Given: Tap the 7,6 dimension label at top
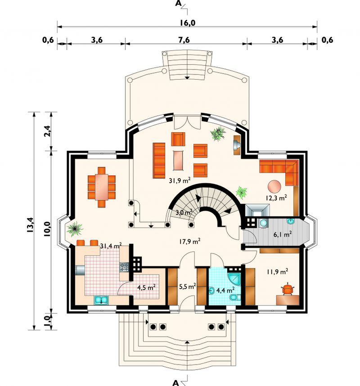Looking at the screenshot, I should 184,40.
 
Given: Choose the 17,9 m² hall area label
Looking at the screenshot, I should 189,241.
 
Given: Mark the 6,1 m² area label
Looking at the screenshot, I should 283,233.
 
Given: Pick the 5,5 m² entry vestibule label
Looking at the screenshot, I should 187,286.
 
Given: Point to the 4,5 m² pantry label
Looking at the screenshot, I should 146,287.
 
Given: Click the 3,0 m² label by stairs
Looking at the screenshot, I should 184,212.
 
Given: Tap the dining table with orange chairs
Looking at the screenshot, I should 102,187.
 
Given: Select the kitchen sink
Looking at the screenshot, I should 101,299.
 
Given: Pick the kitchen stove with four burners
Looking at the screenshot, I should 124,267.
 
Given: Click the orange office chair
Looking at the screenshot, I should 287,288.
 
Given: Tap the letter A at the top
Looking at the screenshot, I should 178,4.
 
